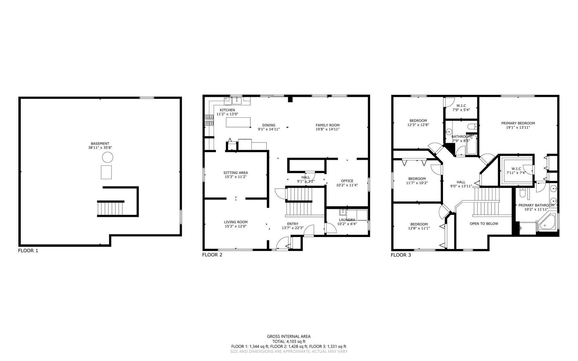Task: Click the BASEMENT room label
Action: tap(100, 143)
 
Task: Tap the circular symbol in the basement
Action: tap(107, 157)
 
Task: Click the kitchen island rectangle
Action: tap(238, 122)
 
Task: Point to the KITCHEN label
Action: tap(227, 110)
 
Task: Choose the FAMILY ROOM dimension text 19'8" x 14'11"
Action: tap(327, 129)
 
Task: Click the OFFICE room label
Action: tap(347, 181)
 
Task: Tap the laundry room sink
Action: tap(343, 212)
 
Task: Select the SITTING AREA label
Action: tap(235, 173)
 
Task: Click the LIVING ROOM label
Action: tap(235, 222)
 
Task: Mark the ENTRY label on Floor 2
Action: tap(293, 224)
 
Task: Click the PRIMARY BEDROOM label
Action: tap(518, 123)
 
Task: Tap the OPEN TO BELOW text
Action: tap(484, 224)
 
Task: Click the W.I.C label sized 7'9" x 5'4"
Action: tap(461, 106)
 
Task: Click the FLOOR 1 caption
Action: tap(28, 251)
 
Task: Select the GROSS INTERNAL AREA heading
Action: tap(288, 337)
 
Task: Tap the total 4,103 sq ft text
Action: tap(288, 342)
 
